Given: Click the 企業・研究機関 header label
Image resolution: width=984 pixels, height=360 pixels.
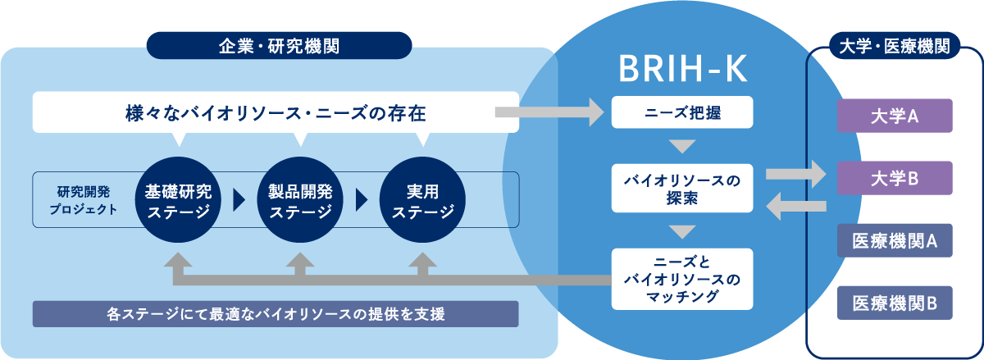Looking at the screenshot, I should (279, 46).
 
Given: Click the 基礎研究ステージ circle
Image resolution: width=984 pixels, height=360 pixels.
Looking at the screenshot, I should (178, 202).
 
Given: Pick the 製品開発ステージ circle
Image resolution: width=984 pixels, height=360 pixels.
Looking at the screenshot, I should (300, 202).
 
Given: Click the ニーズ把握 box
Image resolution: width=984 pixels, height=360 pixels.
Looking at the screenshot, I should (682, 113).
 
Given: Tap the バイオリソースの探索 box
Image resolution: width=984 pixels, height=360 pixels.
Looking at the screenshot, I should (682, 188).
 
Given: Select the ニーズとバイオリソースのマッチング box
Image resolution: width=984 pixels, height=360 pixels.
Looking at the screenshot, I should (682, 279).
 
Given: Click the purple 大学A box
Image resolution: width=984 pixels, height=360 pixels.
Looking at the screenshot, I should (894, 116).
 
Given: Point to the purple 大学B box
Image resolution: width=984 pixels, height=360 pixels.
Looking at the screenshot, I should (894, 178).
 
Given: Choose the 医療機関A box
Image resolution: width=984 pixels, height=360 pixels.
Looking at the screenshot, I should (894, 240).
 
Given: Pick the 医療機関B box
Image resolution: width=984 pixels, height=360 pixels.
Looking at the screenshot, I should (894, 303).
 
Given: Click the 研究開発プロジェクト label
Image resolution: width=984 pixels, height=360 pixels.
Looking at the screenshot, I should (87, 200).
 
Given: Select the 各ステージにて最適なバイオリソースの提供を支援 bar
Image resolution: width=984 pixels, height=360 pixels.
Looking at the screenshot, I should (276, 314).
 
